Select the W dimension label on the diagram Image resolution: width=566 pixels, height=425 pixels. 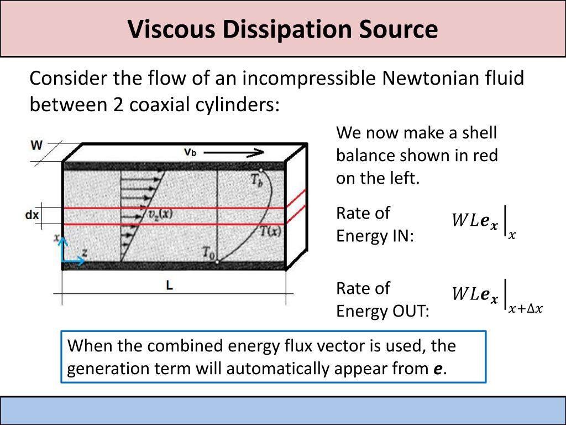pyautogui.click(x=37, y=146)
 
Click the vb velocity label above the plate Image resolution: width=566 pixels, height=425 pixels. pyautogui.click(x=190, y=152)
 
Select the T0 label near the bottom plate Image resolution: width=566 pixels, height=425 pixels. pyautogui.click(x=208, y=254)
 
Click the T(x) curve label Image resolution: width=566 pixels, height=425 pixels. pyautogui.click(x=270, y=231)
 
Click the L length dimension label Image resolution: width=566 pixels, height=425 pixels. pyautogui.click(x=170, y=286)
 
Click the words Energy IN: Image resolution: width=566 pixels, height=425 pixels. pyautogui.click(x=375, y=236)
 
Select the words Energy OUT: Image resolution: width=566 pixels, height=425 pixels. pyautogui.click(x=382, y=312)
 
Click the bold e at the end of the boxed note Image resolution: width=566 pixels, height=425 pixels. pyautogui.click(x=438, y=369)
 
